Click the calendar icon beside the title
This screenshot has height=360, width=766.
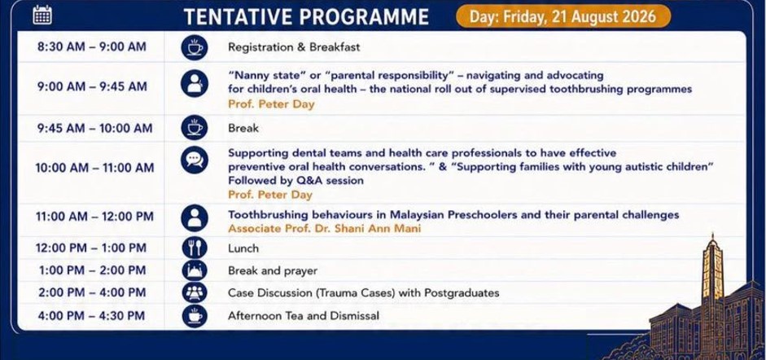point(42,15)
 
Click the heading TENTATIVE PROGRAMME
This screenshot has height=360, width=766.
point(306,17)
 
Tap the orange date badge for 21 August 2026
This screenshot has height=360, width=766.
point(562,16)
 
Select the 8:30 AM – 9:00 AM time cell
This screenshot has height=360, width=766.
point(92,47)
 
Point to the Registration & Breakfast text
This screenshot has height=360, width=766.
point(294,47)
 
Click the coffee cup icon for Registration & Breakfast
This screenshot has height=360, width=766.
point(195,47)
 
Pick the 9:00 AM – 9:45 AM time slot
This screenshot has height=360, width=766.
point(92,86)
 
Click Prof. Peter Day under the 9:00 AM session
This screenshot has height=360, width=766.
point(271,104)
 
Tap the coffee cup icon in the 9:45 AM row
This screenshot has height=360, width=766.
point(195,128)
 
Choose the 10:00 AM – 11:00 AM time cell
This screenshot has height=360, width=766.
point(94,168)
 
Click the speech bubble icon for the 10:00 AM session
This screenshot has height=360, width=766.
point(195,160)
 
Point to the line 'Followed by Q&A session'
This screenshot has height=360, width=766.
point(295,180)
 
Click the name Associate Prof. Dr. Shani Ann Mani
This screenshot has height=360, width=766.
point(324,228)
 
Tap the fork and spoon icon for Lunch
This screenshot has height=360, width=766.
point(195,248)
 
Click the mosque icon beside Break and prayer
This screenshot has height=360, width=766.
point(195,270)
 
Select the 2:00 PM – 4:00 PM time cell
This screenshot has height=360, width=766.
point(92,292)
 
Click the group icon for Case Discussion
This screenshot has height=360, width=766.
point(195,292)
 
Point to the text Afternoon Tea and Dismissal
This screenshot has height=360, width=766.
point(304,315)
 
